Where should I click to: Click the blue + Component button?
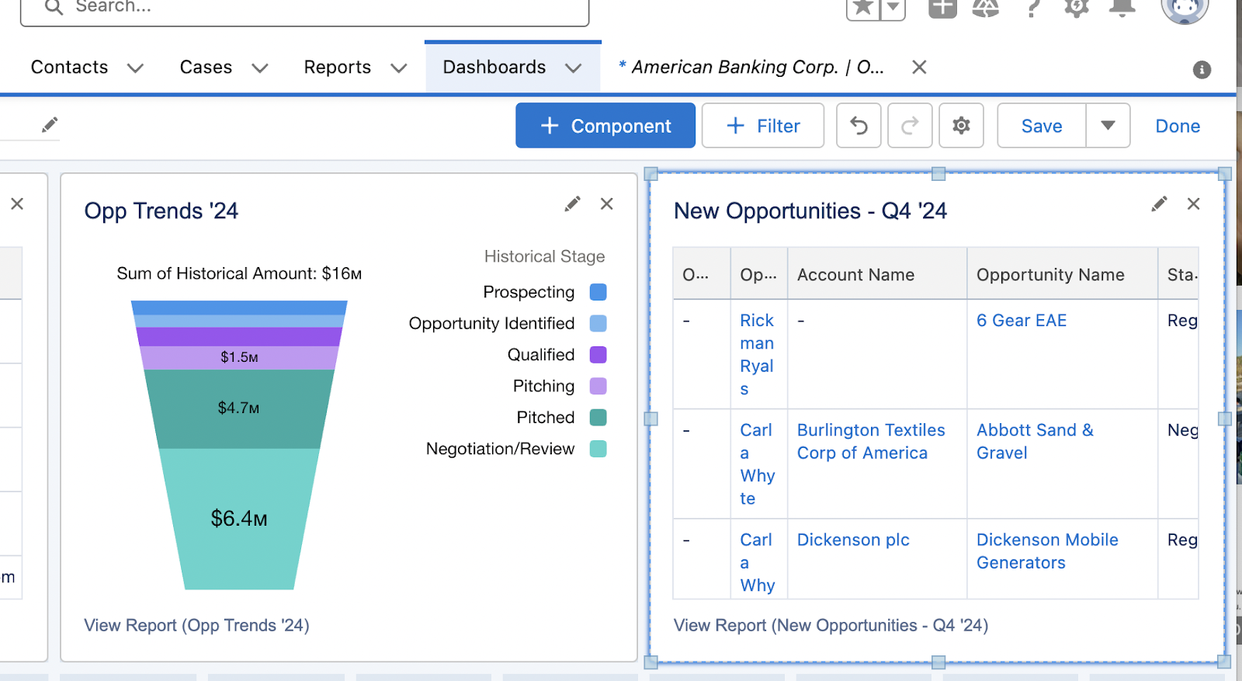coord(605,126)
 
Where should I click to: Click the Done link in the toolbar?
coord(1177,126)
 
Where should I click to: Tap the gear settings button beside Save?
coord(961,126)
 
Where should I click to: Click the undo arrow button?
coord(859,126)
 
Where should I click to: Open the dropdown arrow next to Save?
coord(1108,126)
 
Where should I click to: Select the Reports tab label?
coord(337,68)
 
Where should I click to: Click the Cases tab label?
coord(206,68)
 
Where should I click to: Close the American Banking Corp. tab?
coord(919,68)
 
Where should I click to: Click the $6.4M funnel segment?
coord(239,518)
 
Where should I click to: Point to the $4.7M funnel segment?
coord(239,408)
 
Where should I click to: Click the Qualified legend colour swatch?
coord(598,355)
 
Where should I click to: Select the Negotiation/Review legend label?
coord(500,449)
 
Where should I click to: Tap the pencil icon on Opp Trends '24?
coord(572,204)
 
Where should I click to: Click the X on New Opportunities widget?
coord(1193,204)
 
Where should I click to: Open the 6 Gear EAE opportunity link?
coord(1021,321)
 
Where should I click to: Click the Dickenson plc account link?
coord(853,540)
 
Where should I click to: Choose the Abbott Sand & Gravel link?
coord(1034,441)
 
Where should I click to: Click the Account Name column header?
coord(855,275)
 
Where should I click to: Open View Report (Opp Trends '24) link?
coord(196,625)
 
